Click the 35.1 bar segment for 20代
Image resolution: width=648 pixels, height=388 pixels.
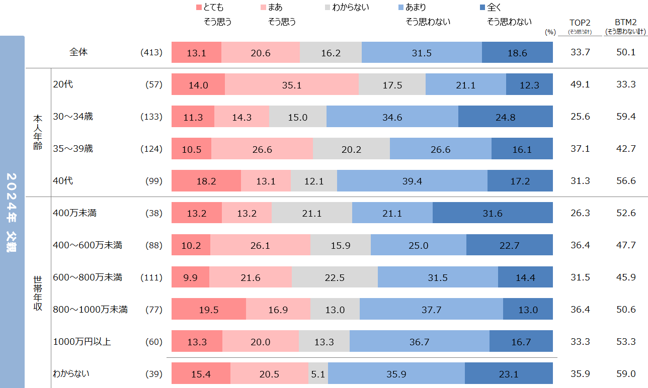291,85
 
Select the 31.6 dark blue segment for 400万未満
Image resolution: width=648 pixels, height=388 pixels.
493,213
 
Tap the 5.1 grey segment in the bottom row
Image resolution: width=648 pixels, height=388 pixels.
318,374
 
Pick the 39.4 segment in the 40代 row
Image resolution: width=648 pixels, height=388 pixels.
412,181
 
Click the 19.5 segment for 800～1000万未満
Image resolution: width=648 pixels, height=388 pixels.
209,310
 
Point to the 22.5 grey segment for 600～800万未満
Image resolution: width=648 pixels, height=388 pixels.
335,277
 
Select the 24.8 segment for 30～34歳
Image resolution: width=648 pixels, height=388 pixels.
506,117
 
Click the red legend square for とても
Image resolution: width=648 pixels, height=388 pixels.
198,8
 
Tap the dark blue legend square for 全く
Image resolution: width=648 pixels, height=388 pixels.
483,8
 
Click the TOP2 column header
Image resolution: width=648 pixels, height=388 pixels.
580,23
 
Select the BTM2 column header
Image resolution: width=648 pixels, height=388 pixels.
626,23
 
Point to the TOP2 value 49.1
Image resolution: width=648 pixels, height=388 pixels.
580,85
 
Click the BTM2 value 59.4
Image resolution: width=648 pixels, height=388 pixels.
626,117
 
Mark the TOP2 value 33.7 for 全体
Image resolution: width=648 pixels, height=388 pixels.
580,52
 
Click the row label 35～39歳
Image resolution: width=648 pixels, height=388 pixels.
73,149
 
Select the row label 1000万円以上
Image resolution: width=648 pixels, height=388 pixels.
82,342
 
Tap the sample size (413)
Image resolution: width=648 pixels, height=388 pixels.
151,52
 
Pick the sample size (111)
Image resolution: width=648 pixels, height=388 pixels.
151,277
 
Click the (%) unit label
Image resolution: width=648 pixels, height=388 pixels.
550,32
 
